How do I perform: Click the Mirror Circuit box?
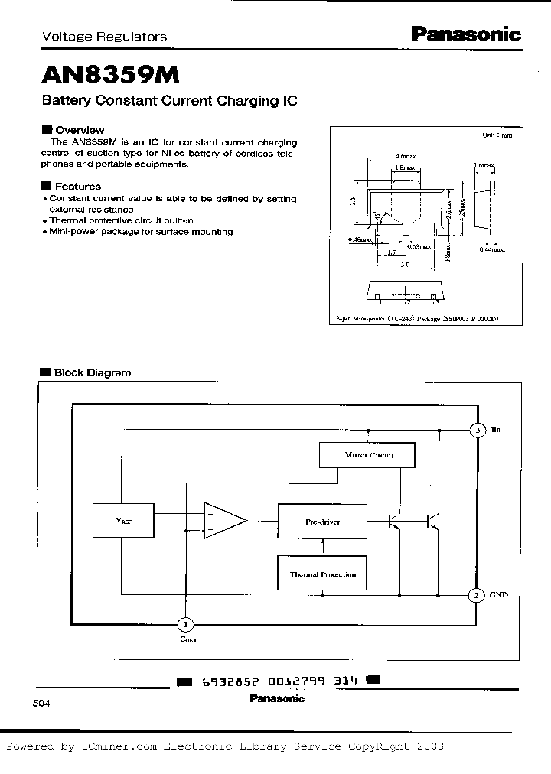tap(367, 455)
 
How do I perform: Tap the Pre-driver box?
tap(321, 522)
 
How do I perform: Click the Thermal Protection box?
tap(321, 574)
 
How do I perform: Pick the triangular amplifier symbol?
tap(223, 522)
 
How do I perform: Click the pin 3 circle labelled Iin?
tap(477, 431)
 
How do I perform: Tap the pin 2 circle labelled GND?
tap(475, 594)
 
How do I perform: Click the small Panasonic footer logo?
tap(277, 698)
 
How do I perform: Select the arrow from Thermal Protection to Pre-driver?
tap(324, 546)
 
